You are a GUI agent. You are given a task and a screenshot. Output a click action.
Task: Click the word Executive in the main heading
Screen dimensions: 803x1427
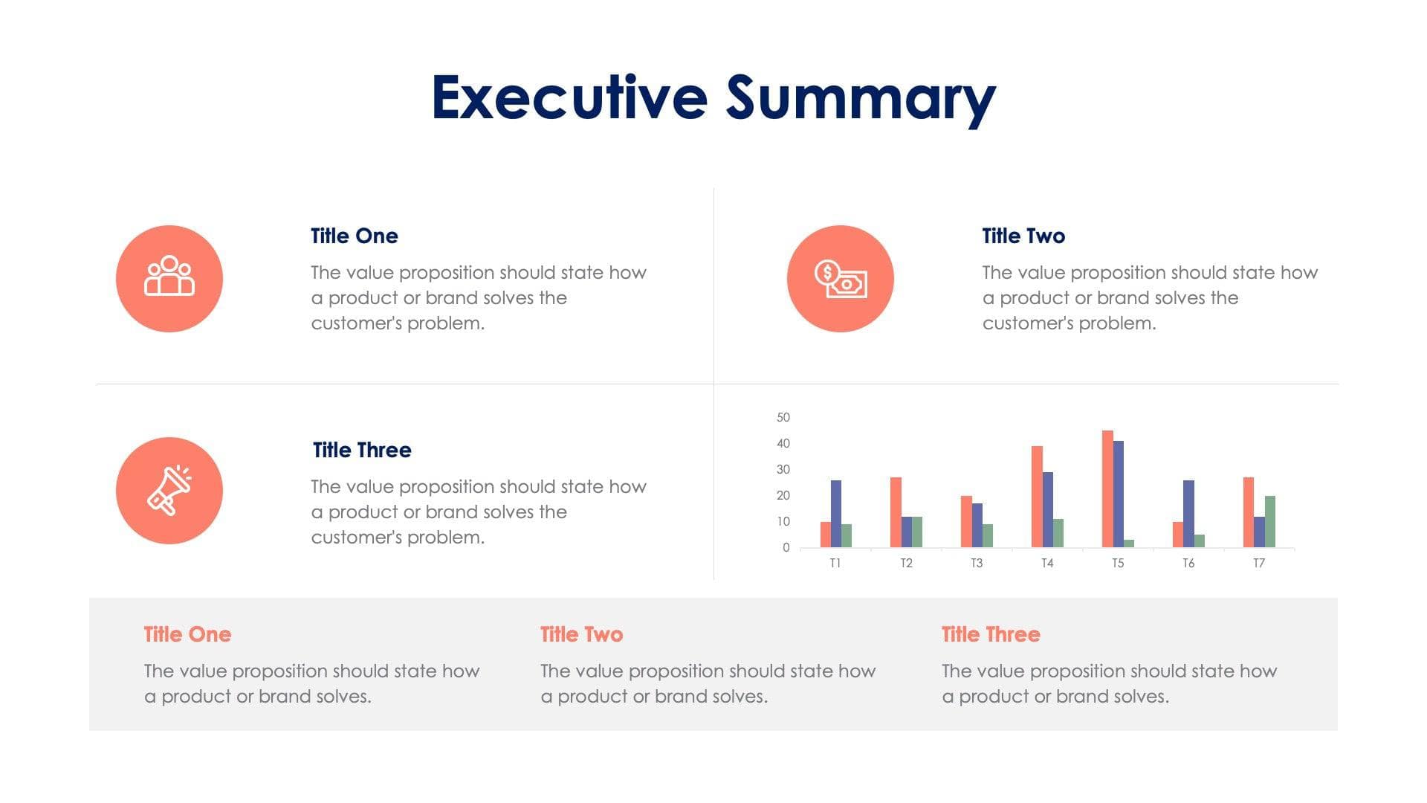(x=569, y=97)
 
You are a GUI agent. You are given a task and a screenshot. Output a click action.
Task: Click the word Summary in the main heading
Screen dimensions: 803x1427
(x=860, y=99)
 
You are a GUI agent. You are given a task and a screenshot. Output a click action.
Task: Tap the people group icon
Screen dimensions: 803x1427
(x=169, y=278)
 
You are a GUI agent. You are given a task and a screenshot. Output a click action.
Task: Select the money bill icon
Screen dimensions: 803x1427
(x=841, y=279)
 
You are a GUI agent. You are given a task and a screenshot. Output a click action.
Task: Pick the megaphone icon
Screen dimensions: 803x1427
(x=169, y=491)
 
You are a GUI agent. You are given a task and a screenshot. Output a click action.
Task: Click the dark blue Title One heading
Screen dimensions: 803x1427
(x=354, y=236)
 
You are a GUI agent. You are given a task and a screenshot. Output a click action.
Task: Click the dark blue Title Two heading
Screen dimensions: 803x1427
(x=1023, y=236)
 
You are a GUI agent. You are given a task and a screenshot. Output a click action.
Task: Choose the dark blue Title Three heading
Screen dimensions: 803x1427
(x=362, y=450)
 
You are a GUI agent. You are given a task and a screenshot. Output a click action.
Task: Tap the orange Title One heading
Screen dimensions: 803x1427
(x=187, y=634)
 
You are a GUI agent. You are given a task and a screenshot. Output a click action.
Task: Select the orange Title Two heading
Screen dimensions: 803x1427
(x=581, y=634)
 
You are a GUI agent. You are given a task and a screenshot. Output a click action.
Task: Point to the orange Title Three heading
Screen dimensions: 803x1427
(x=991, y=634)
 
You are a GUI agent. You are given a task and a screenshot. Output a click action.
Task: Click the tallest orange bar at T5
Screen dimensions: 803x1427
(x=1107, y=489)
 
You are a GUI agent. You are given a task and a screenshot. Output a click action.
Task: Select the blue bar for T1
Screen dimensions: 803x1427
(x=836, y=514)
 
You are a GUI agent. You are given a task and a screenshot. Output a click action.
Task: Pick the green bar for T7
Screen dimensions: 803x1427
(x=1269, y=522)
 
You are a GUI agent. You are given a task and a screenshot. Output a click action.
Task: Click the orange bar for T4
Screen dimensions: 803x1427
(x=1037, y=497)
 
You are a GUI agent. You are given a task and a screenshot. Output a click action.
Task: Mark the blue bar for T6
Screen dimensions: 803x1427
(x=1188, y=514)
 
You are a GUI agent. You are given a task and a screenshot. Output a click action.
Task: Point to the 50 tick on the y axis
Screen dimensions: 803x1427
(x=783, y=417)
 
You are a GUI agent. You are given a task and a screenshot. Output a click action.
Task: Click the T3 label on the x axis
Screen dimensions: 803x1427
(x=977, y=564)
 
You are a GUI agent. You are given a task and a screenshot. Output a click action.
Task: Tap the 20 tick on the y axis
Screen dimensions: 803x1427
(x=783, y=495)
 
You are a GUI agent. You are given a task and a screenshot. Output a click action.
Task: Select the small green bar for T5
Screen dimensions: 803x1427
(x=1129, y=544)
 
